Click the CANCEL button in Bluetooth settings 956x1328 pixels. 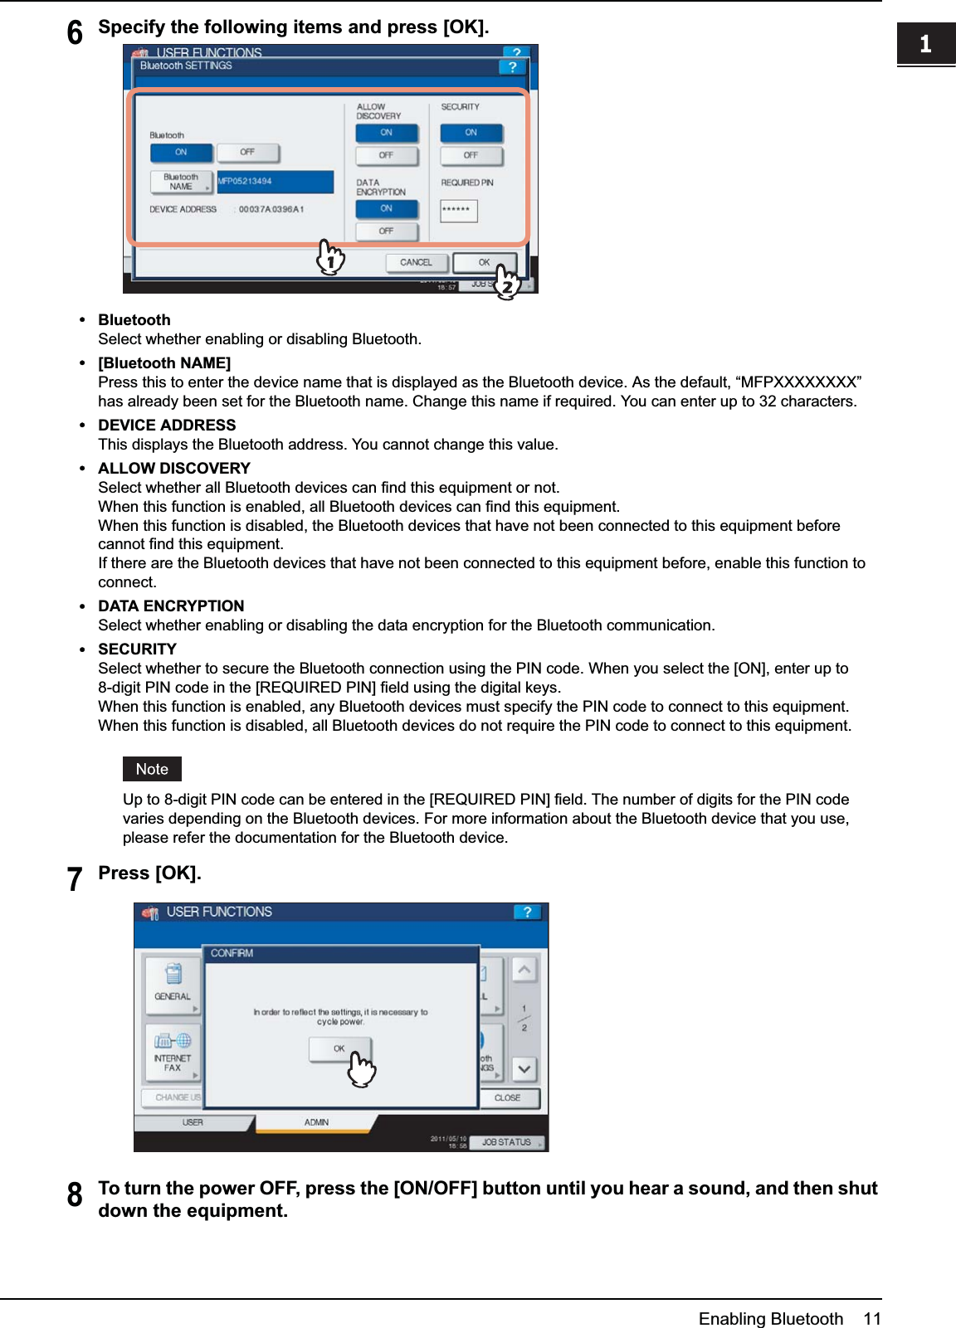(x=416, y=263)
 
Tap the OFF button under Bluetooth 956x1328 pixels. (x=247, y=153)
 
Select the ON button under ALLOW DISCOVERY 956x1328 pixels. (x=387, y=133)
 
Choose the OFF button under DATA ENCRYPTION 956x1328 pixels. (x=387, y=231)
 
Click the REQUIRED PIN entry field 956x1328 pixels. (x=458, y=210)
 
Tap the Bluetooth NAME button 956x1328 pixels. (x=181, y=182)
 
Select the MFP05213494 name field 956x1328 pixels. (x=275, y=182)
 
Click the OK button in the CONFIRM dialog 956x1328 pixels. (x=339, y=1049)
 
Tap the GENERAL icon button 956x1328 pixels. (x=173, y=984)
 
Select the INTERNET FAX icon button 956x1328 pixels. (x=173, y=1052)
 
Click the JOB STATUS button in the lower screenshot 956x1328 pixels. (x=506, y=1142)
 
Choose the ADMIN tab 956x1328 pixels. (x=316, y=1122)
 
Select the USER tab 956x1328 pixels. (x=193, y=1122)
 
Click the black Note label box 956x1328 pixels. (x=152, y=769)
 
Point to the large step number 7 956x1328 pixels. (x=75, y=879)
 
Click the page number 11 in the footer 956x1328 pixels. (x=871, y=1319)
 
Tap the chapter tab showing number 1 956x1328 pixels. (x=925, y=44)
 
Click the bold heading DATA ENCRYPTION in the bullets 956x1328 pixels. (x=171, y=606)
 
